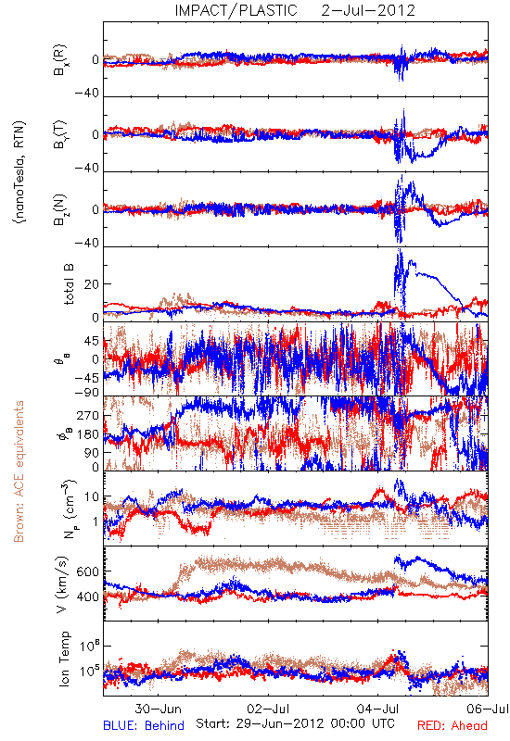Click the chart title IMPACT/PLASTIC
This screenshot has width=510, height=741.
[236, 10]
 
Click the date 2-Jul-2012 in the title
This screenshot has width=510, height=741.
[368, 10]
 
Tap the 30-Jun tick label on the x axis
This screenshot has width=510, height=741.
[158, 709]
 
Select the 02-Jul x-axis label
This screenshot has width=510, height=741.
[268, 709]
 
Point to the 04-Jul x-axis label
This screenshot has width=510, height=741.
[378, 709]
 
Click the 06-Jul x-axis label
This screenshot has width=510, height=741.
[488, 709]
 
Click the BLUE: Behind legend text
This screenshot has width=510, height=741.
[144, 725]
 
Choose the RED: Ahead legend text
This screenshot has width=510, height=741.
[452, 725]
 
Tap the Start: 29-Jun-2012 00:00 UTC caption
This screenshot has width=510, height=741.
[295, 723]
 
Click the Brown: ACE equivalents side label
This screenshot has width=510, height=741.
[19, 471]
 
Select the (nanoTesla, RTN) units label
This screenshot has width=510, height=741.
[19, 172]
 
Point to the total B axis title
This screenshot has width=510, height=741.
[68, 283]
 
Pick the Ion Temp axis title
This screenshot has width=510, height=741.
[64, 659]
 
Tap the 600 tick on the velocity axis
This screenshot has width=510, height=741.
[87, 571]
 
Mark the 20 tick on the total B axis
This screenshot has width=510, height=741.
[92, 284]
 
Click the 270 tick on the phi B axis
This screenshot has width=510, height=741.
[88, 415]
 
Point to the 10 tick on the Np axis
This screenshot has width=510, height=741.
[92, 496]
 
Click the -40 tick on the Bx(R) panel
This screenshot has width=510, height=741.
[86, 94]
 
